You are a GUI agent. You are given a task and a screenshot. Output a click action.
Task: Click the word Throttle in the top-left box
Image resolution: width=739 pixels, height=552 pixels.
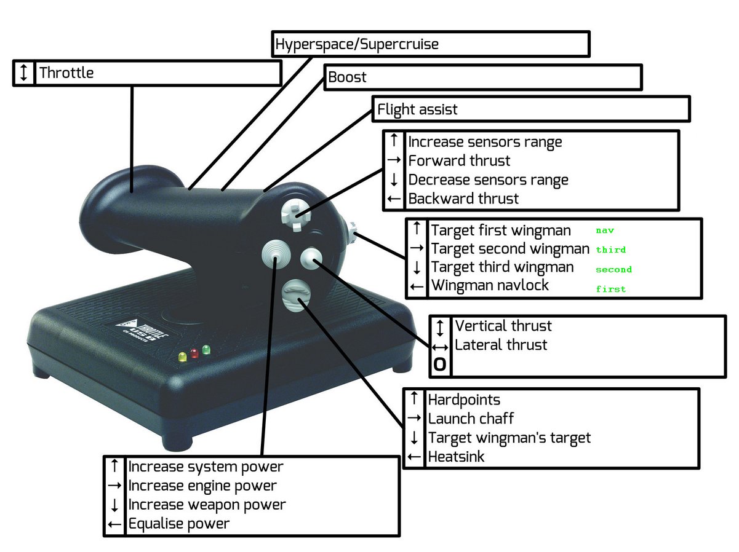(66, 73)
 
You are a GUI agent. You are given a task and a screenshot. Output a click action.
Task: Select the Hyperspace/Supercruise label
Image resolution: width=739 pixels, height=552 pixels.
(356, 44)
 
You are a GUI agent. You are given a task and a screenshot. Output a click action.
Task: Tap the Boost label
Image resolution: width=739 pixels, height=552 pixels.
(347, 77)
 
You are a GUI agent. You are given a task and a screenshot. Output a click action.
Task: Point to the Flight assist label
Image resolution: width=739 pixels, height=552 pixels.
(417, 110)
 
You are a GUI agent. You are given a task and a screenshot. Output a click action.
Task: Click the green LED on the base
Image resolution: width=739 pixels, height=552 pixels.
(206, 350)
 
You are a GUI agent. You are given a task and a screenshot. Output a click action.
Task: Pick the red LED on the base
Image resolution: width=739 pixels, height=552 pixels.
(194, 353)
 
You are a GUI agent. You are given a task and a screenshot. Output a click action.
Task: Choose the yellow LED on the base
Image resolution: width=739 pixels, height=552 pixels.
(182, 356)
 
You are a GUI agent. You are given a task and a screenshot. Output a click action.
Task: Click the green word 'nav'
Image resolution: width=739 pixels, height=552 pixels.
(605, 231)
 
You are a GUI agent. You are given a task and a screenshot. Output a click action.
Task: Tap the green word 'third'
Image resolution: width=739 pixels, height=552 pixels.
(611, 250)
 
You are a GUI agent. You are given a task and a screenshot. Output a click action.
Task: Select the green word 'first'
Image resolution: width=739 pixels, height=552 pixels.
(611, 288)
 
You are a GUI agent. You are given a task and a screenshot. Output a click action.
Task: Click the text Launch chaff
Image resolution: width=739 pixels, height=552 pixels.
(471, 419)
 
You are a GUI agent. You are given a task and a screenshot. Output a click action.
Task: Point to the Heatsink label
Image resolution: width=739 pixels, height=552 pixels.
(456, 457)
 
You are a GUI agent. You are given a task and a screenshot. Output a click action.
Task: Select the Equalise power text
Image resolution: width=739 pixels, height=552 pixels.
(178, 524)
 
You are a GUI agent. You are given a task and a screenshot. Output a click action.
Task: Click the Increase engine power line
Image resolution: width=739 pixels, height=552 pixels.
(202, 486)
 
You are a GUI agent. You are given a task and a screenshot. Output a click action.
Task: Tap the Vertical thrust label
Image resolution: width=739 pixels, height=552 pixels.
(503, 326)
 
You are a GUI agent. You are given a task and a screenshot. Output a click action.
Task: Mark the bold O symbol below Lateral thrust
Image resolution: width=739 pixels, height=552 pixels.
(440, 365)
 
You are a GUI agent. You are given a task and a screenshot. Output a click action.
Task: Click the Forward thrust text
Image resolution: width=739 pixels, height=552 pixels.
(459, 161)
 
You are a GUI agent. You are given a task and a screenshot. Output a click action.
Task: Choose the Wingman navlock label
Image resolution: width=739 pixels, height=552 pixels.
(490, 285)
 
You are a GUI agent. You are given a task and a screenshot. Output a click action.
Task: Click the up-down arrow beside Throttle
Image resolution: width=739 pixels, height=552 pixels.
(23, 73)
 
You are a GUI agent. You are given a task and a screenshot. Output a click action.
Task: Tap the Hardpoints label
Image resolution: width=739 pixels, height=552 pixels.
(464, 400)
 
